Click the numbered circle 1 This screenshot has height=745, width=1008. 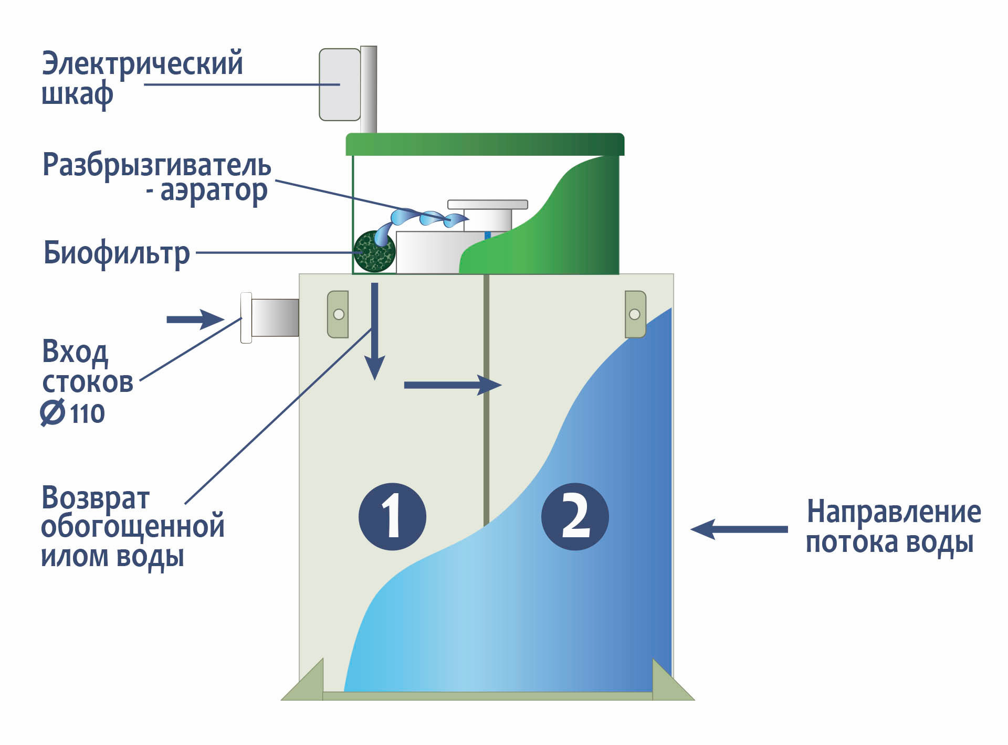click(x=392, y=516)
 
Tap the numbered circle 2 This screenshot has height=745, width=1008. click(x=575, y=516)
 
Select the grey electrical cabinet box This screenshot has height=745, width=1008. click(x=340, y=84)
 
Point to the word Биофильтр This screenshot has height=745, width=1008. click(x=116, y=253)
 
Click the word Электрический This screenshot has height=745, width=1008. click(x=142, y=64)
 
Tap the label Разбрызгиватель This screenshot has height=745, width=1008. click(x=156, y=165)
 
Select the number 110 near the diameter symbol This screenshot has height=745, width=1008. click(x=88, y=414)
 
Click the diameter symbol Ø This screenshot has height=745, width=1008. click(x=52, y=413)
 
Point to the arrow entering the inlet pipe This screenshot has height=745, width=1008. click(x=195, y=319)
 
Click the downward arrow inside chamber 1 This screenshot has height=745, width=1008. click(x=375, y=331)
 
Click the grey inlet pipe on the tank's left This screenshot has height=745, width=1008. click(x=274, y=317)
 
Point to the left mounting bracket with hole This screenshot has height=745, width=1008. click(x=338, y=314)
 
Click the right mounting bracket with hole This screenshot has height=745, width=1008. click(x=635, y=314)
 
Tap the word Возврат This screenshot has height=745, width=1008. click(x=96, y=498)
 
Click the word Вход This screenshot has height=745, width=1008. click(x=75, y=352)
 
